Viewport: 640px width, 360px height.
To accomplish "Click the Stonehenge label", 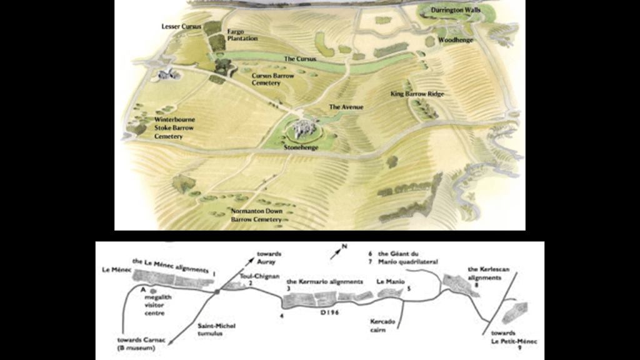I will [x=301, y=147].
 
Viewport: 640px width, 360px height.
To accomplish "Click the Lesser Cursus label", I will [x=181, y=27].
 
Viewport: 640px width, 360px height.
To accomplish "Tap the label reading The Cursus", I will [x=300, y=59].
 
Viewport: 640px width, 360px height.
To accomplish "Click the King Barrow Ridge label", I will [x=417, y=94].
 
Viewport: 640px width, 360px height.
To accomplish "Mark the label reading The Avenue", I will [x=346, y=107].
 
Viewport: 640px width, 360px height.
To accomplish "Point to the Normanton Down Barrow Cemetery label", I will [x=256, y=216].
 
